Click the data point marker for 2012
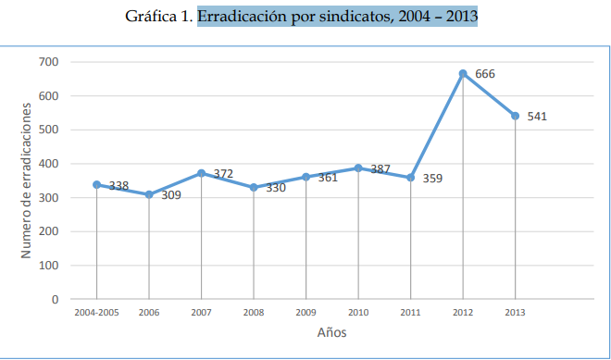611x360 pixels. click(463, 73)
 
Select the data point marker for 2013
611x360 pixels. click(515, 116)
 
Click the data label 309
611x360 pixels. click(170, 195)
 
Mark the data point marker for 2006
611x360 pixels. click(149, 194)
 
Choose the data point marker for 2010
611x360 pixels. click(358, 168)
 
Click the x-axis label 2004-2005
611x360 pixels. click(96, 313)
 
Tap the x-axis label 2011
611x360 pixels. click(410, 313)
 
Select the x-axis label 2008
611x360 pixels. click(254, 313)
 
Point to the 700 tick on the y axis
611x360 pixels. click(49, 62)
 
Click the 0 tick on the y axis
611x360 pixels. click(55, 300)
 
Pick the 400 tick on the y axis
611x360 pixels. click(49, 164)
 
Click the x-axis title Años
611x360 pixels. click(331, 332)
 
